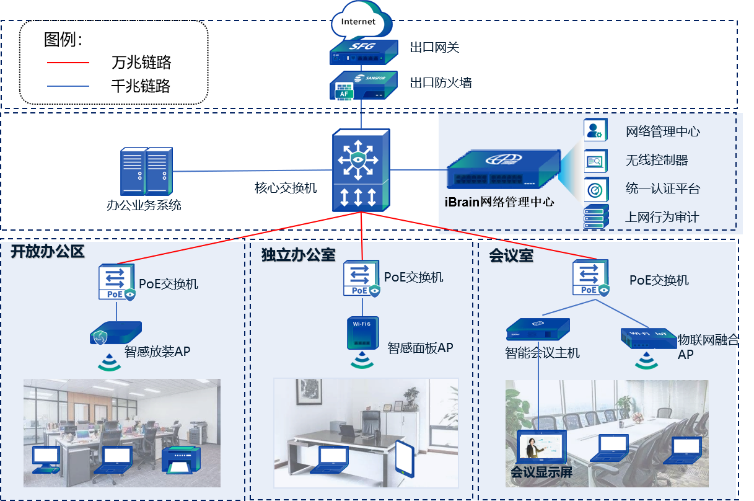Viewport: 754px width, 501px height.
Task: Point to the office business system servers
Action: (146, 171)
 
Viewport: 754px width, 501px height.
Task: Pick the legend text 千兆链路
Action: (141, 86)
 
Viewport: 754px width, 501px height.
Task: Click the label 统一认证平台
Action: (662, 188)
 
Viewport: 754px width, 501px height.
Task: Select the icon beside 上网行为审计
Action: (596, 216)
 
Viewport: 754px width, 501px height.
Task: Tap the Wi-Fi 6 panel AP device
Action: (362, 334)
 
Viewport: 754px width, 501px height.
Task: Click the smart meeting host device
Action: (538, 328)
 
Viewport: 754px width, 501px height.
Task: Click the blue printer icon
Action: (181, 460)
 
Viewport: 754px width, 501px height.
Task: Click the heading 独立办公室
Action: (298, 255)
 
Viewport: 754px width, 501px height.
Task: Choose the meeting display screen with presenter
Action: (541, 448)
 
